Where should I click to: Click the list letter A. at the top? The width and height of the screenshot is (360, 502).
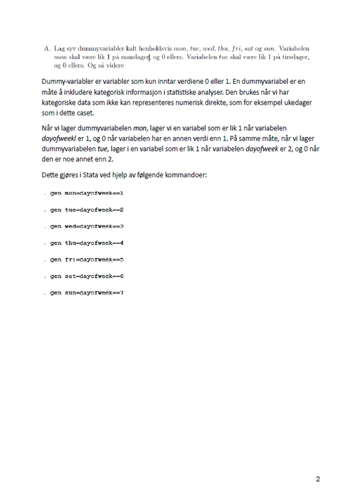click(x=45, y=49)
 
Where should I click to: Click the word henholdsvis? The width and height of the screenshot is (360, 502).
click(x=155, y=49)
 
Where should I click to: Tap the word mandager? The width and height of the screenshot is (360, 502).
click(x=134, y=58)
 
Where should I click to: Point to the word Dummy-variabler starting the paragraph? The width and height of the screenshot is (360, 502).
click(x=70, y=82)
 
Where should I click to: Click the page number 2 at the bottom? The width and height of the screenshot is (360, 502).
click(x=317, y=479)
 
